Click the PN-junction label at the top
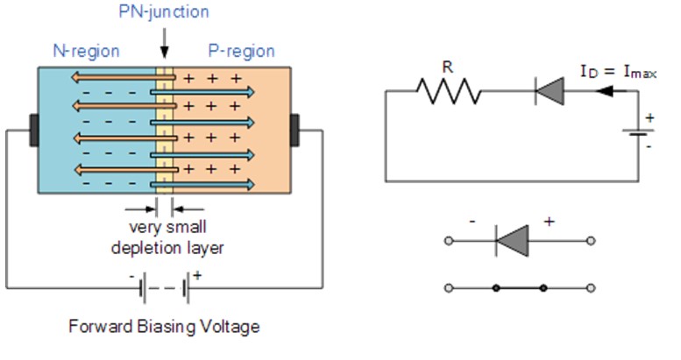click(163, 13)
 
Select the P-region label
click(241, 51)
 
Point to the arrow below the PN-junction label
click(163, 44)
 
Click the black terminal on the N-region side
click(33, 129)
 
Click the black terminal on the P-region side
click(296, 129)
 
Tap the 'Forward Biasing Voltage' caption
click(164, 328)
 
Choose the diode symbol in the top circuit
click(548, 90)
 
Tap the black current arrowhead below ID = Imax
click(603, 90)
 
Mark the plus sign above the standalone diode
click(550, 222)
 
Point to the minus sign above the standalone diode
click(472, 222)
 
